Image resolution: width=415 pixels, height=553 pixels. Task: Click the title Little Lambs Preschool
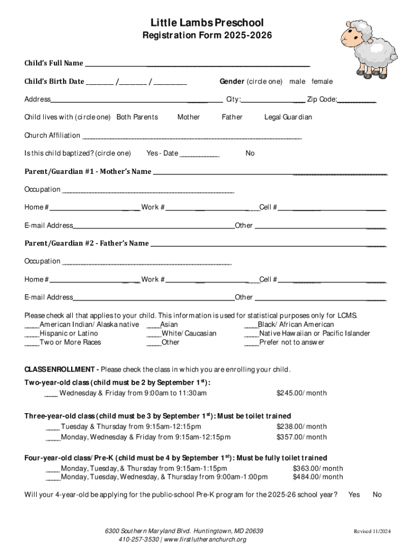tap(207, 23)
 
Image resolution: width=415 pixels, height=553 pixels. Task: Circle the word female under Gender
tap(322, 82)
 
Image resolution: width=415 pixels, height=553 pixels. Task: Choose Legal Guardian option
tap(288, 117)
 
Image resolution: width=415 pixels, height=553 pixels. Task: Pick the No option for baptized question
tap(250, 153)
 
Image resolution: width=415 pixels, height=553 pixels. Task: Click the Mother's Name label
tap(88, 172)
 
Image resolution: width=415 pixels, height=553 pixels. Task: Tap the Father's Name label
tap(87, 244)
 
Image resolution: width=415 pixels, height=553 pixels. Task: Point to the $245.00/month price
tap(301, 393)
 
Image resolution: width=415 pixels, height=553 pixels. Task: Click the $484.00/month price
tap(317, 477)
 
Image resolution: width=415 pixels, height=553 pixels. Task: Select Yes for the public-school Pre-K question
tap(354, 495)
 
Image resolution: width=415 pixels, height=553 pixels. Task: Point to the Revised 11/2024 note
tap(371, 532)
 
